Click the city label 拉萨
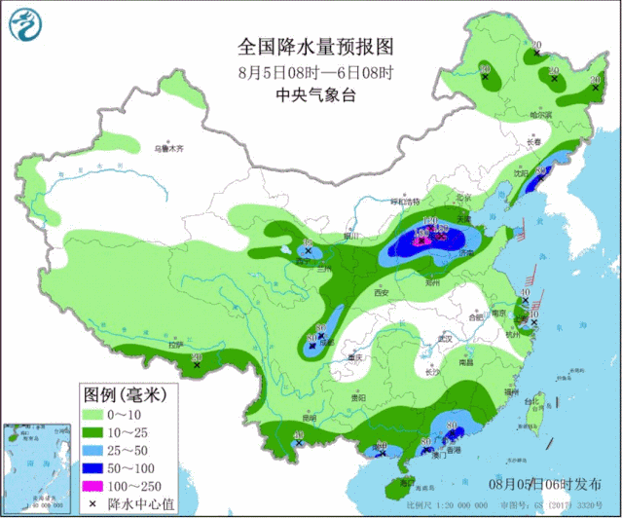(175, 345)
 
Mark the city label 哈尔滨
(540, 115)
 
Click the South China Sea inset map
(38, 466)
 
